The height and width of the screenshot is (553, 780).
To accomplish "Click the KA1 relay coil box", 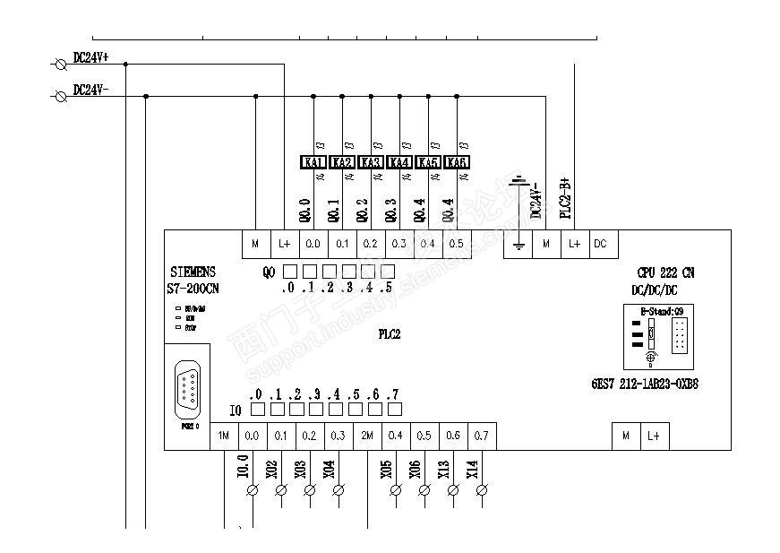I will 313,162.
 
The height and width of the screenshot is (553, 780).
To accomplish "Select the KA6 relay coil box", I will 457,162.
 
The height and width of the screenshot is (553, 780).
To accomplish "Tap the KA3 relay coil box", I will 371,162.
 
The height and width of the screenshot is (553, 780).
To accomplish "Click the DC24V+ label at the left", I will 90,57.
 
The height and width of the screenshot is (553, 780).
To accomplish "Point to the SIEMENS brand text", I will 192,272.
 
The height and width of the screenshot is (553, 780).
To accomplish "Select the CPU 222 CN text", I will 664,272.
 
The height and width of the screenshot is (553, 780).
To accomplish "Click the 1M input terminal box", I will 224,436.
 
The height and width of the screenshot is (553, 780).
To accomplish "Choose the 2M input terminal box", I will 367,436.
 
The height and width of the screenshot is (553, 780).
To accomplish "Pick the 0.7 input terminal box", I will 482,436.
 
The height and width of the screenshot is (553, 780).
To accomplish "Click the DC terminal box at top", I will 600,243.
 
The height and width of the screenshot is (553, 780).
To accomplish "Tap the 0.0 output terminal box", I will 313,243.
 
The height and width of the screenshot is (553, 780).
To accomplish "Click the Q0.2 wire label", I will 362,210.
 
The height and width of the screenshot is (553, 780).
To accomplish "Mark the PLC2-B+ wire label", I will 565,198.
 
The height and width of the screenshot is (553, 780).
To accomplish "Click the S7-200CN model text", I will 193,289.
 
